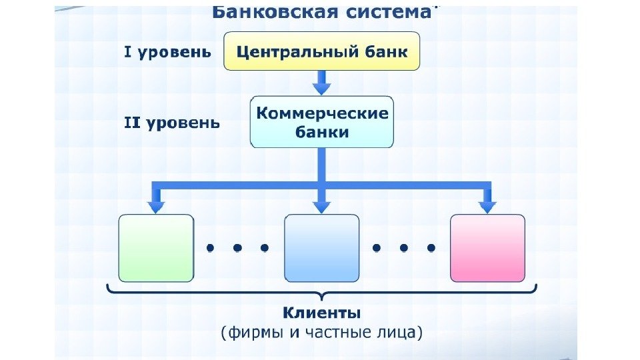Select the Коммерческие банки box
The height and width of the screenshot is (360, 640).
tap(322, 122)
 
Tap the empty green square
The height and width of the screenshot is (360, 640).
tap(156, 248)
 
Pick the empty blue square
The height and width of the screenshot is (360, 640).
tap(321, 248)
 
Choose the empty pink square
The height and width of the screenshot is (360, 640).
tap(487, 248)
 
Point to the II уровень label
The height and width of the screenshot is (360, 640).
tap(171, 123)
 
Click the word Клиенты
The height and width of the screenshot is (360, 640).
tap(322, 312)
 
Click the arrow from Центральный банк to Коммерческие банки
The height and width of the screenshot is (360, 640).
tap(322, 83)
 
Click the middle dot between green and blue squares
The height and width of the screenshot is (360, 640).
tap(237, 248)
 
